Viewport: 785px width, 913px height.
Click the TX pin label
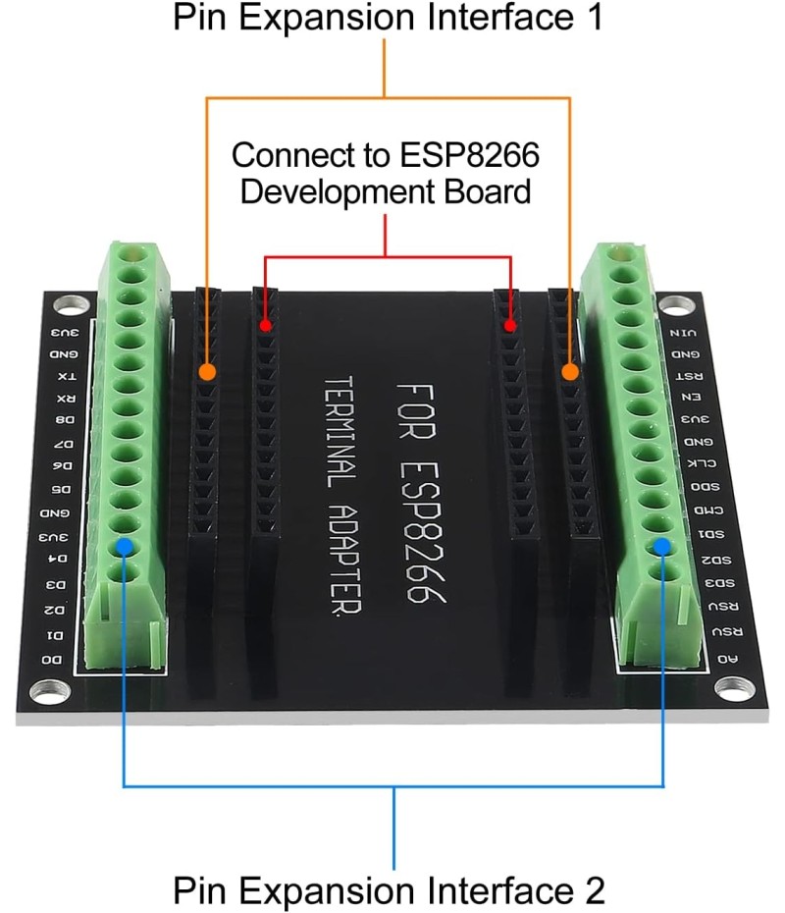pos(65,376)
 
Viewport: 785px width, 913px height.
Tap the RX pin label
pos(64,399)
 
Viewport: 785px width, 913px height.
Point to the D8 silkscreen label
pos(64,421)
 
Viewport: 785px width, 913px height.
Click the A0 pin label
pos(727,659)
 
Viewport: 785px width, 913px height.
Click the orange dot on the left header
pos(206,371)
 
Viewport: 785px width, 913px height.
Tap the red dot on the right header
pos(509,325)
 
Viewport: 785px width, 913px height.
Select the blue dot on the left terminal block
pos(124,546)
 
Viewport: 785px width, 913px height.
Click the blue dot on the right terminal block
pos(662,546)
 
